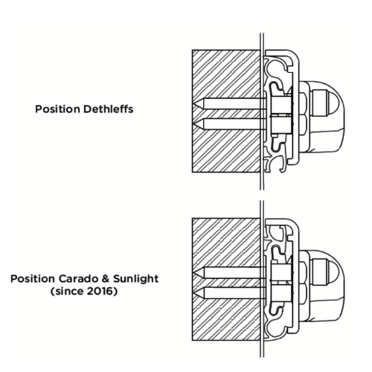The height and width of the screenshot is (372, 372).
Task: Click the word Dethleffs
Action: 108,109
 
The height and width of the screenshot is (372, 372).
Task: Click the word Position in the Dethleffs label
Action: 58,109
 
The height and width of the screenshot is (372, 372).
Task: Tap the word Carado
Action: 79,279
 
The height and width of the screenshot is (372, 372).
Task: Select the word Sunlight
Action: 136,279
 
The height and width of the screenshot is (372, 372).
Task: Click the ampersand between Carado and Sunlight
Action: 106,279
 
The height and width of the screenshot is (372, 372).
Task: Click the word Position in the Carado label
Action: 33,279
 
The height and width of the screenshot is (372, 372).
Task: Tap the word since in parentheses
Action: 68,291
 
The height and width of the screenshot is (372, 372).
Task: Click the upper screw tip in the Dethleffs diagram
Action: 193,104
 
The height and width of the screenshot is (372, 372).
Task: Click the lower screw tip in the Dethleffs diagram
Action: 193,124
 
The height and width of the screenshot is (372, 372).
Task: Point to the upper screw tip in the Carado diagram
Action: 193,273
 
